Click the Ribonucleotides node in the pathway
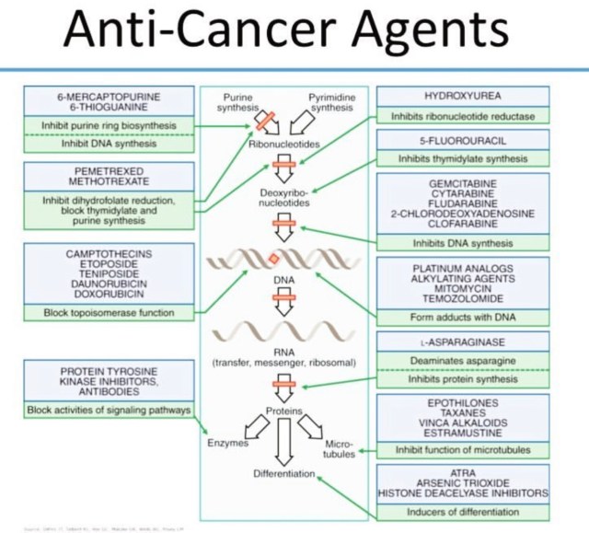(283, 145)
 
